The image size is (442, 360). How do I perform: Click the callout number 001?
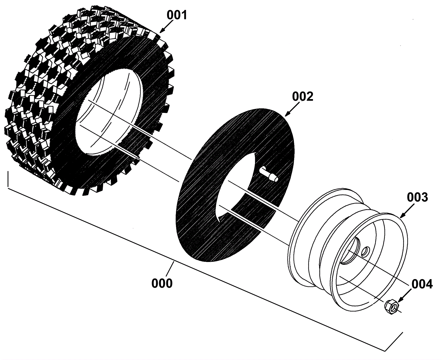click(177, 15)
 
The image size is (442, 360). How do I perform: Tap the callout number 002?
click(302, 97)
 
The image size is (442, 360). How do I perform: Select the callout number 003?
click(417, 197)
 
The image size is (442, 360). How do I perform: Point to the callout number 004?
click(422, 284)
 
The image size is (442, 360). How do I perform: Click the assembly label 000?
click(162, 283)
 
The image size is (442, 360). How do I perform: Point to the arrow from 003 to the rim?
click(407, 211)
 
